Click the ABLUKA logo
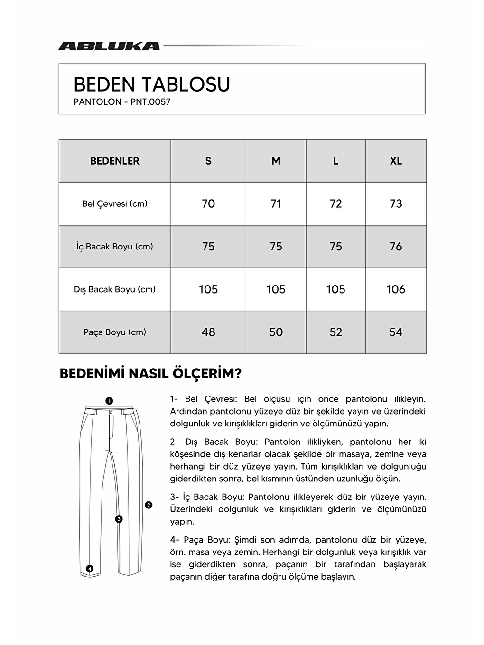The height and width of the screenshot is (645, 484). (109, 46)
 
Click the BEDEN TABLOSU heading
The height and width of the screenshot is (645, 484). (152, 85)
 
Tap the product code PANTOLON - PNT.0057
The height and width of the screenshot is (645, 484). (122, 102)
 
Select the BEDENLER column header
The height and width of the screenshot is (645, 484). (115, 161)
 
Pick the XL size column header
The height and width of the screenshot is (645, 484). (396, 161)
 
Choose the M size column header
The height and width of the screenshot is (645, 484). (276, 161)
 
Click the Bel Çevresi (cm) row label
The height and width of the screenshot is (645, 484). (115, 204)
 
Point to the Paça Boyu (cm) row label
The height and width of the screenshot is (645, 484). (115, 332)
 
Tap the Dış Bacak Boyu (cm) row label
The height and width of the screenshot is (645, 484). (115, 289)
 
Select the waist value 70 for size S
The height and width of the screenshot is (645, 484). (208, 204)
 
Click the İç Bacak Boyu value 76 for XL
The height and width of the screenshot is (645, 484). (396, 247)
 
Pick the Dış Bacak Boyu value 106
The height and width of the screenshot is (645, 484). (396, 289)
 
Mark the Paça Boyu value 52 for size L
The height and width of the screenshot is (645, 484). (335, 332)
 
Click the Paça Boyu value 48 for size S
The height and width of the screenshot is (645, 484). (208, 332)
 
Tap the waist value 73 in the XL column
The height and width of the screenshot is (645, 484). (396, 204)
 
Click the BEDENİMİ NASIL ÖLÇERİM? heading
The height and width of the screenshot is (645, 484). (150, 374)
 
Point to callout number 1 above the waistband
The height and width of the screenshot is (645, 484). (109, 401)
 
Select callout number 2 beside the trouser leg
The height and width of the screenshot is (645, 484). (149, 505)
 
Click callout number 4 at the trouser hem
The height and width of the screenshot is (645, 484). (90, 569)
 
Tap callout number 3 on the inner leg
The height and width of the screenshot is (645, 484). (119, 519)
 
